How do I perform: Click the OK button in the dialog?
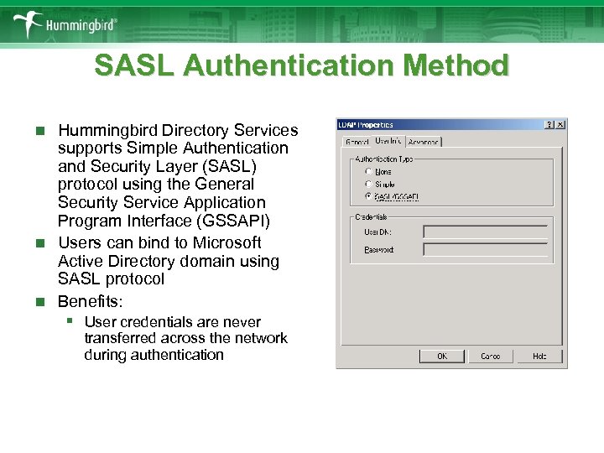[x=442, y=356]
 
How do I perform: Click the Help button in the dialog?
[x=539, y=356]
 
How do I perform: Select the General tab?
[x=357, y=143]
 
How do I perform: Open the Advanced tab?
[x=423, y=143]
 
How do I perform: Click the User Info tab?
[x=388, y=141]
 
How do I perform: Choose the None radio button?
[x=368, y=171]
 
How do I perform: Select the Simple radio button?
[x=368, y=184]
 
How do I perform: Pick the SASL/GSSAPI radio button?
[x=368, y=196]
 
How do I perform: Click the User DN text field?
[x=485, y=232]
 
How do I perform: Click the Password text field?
[x=485, y=249]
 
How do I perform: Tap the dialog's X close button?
[x=560, y=125]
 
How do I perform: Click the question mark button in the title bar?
[x=549, y=125]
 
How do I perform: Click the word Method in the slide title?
[x=455, y=65]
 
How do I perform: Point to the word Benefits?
[x=91, y=300]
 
